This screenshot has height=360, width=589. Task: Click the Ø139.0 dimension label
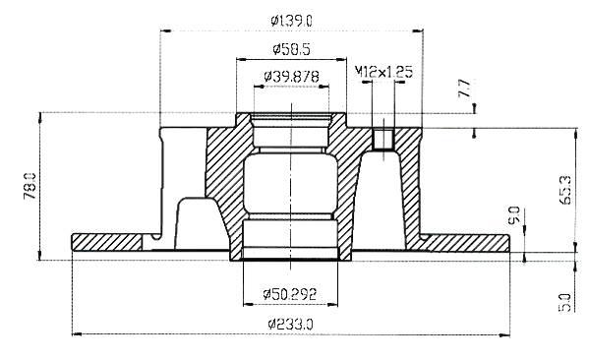[291, 21]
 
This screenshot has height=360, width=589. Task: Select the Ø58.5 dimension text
[291, 49]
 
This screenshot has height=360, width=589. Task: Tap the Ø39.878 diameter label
[291, 77]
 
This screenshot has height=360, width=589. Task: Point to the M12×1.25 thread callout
[383, 72]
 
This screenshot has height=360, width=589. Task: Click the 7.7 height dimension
[465, 88]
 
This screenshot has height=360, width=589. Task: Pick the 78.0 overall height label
[30, 186]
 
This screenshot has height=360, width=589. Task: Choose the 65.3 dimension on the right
[565, 190]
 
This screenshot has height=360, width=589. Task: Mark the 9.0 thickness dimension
[513, 215]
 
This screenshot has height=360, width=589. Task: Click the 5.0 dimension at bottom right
[564, 303]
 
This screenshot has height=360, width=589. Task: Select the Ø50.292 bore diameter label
[290, 294]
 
